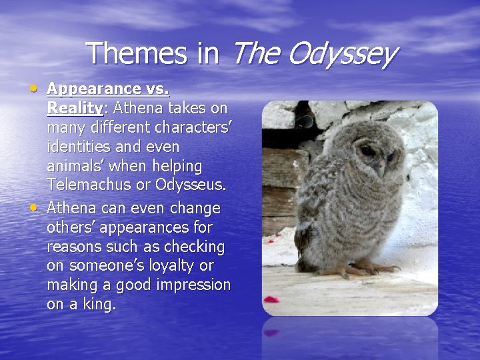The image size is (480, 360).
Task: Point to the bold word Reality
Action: coord(74,108)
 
